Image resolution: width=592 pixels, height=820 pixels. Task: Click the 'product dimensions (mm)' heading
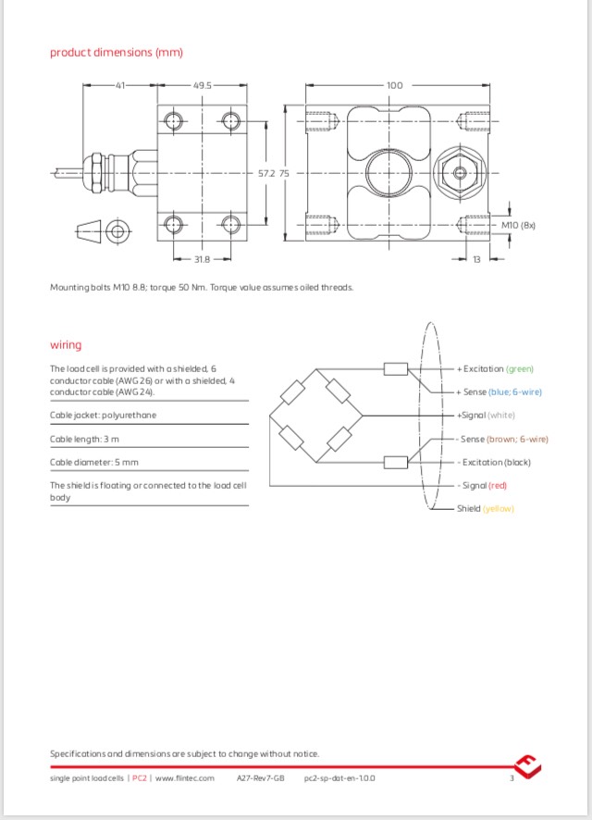pyautogui.click(x=116, y=53)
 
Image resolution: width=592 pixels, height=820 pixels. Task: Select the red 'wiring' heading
pyautogui.click(x=66, y=345)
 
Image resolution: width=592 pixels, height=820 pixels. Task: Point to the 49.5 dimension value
pyautogui.click(x=203, y=85)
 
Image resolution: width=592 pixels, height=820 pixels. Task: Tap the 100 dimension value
pyautogui.click(x=394, y=85)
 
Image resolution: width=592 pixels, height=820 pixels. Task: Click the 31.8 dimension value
pyautogui.click(x=201, y=259)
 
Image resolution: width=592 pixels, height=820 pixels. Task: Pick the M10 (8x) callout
pyautogui.click(x=518, y=225)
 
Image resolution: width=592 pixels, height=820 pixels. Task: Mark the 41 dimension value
pyautogui.click(x=119, y=85)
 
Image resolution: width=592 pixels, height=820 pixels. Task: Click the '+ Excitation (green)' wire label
pyautogui.click(x=495, y=368)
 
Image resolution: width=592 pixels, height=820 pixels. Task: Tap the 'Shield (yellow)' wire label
pyautogui.click(x=486, y=508)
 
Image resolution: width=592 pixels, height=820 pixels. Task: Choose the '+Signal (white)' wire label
pyautogui.click(x=486, y=416)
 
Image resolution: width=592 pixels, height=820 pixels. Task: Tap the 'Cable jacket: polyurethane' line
pyautogui.click(x=103, y=416)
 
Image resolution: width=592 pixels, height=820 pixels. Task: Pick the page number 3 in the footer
pyautogui.click(x=511, y=778)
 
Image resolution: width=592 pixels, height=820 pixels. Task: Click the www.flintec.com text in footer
pyautogui.click(x=184, y=778)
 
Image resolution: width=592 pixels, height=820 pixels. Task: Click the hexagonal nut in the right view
pyautogui.click(x=458, y=172)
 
